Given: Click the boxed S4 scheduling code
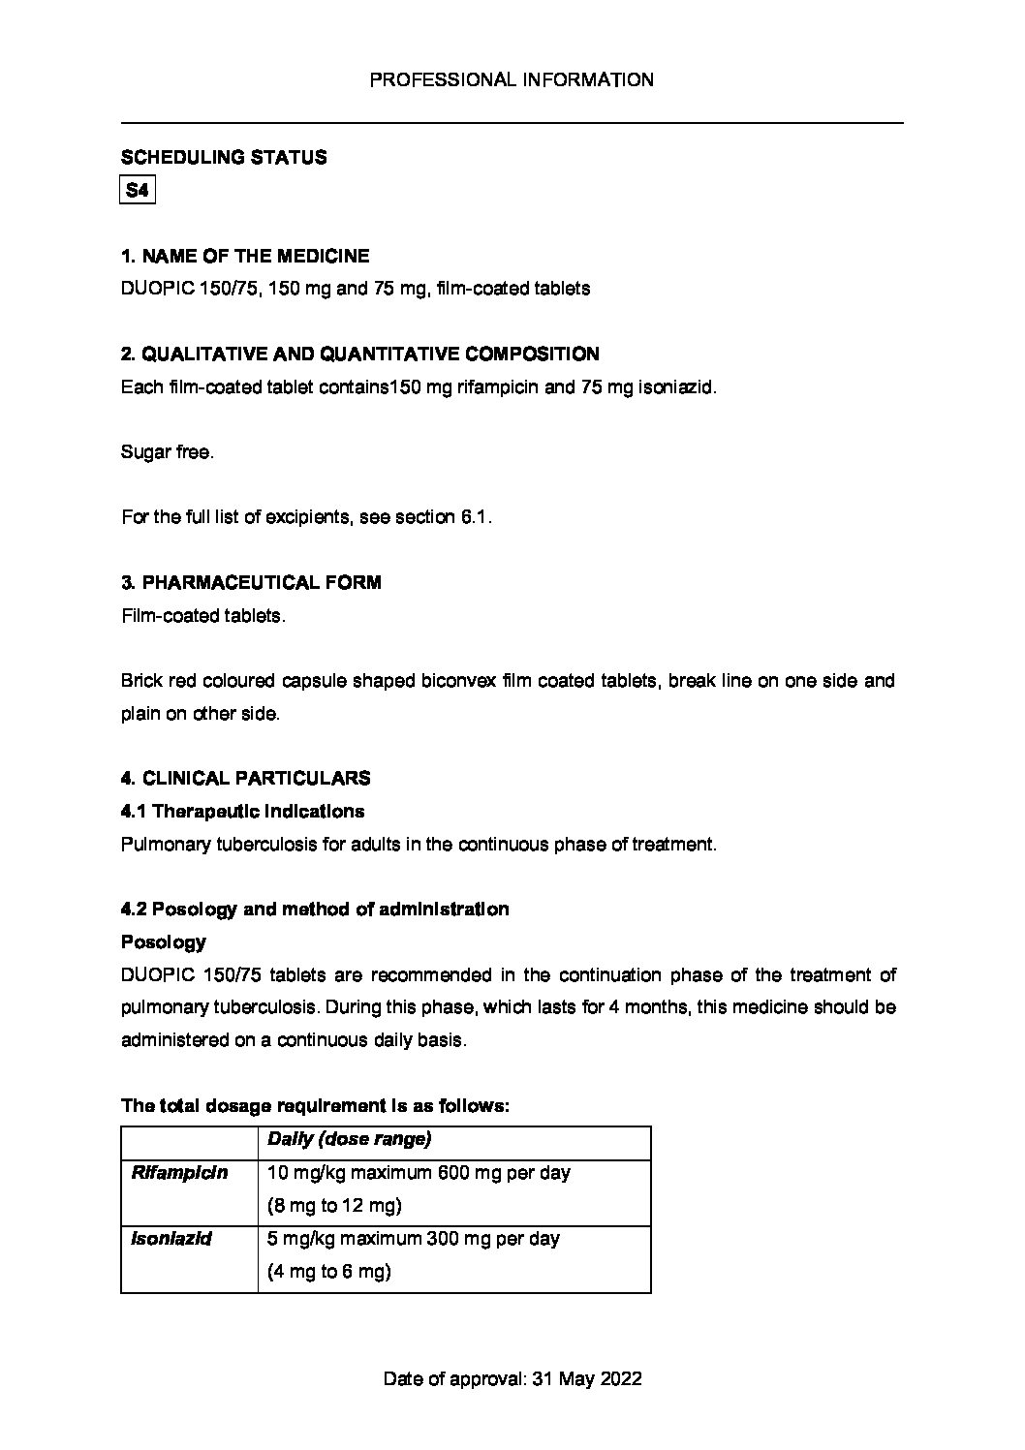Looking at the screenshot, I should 138,191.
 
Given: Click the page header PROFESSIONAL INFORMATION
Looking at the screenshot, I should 512,80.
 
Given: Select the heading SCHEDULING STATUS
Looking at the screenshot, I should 224,158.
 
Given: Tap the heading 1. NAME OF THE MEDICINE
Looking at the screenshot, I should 245,257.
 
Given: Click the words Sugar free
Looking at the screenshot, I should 167,452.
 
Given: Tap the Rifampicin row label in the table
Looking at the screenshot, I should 179,1173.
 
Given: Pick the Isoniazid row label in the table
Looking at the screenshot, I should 171,1239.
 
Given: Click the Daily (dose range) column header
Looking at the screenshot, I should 349,1140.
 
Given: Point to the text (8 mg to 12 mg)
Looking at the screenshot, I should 334,1206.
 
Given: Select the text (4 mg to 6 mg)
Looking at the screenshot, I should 329,1272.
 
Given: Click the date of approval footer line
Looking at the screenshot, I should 512,1379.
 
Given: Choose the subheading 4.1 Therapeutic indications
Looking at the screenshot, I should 242,811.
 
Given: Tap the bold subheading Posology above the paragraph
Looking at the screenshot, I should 163,942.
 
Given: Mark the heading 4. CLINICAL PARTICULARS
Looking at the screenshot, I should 245,779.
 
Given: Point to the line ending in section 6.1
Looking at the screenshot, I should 307,517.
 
